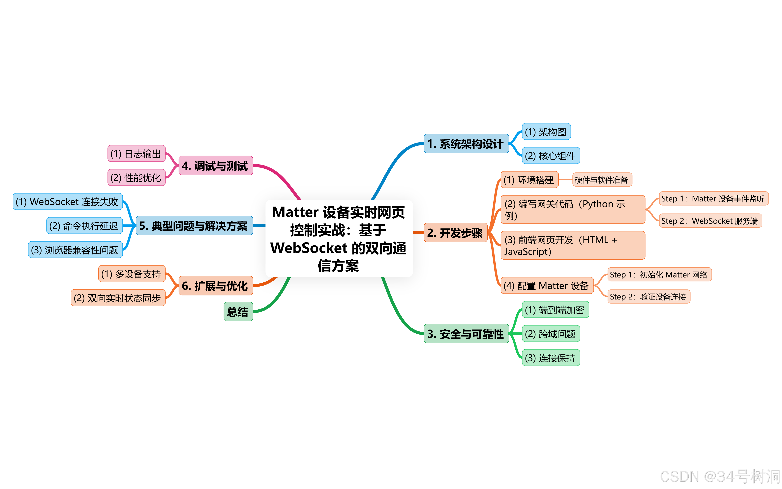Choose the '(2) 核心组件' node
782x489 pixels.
(550, 156)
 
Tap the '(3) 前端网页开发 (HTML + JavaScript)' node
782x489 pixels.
(572, 245)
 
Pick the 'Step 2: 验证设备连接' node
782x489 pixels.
(648, 296)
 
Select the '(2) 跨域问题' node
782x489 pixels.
(550, 334)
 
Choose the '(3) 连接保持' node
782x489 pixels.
(550, 358)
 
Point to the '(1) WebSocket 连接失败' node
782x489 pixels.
(67, 201)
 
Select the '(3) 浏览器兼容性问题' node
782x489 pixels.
(75, 250)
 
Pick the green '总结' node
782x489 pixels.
(238, 312)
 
